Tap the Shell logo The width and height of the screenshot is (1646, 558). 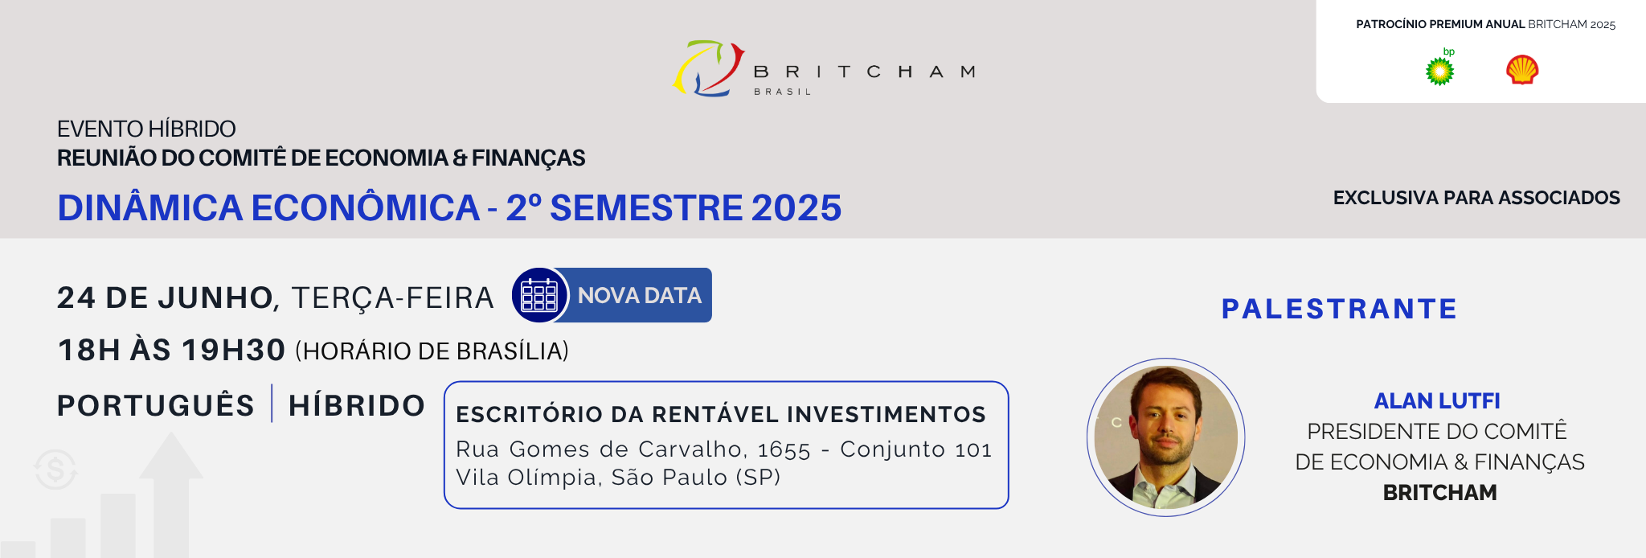(x=1522, y=70)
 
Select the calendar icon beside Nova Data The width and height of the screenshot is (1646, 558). (x=539, y=295)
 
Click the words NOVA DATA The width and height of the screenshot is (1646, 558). (x=640, y=296)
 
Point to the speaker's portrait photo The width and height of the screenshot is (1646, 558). (x=1166, y=437)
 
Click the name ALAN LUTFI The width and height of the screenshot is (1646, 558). (x=1437, y=400)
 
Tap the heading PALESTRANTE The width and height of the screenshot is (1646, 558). (x=1339, y=309)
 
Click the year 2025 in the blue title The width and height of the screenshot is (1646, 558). (x=796, y=207)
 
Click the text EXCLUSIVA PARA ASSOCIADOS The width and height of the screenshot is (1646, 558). (x=1476, y=198)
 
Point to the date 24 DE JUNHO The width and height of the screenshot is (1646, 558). (x=166, y=297)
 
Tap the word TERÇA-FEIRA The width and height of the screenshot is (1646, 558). (x=392, y=297)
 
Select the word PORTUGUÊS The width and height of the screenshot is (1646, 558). (x=156, y=404)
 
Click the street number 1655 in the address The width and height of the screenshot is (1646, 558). (x=784, y=449)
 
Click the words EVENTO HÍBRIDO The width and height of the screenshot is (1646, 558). (x=146, y=129)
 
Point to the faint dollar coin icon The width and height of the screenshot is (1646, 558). (x=55, y=470)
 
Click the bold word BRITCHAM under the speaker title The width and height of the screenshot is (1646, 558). (x=1439, y=492)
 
